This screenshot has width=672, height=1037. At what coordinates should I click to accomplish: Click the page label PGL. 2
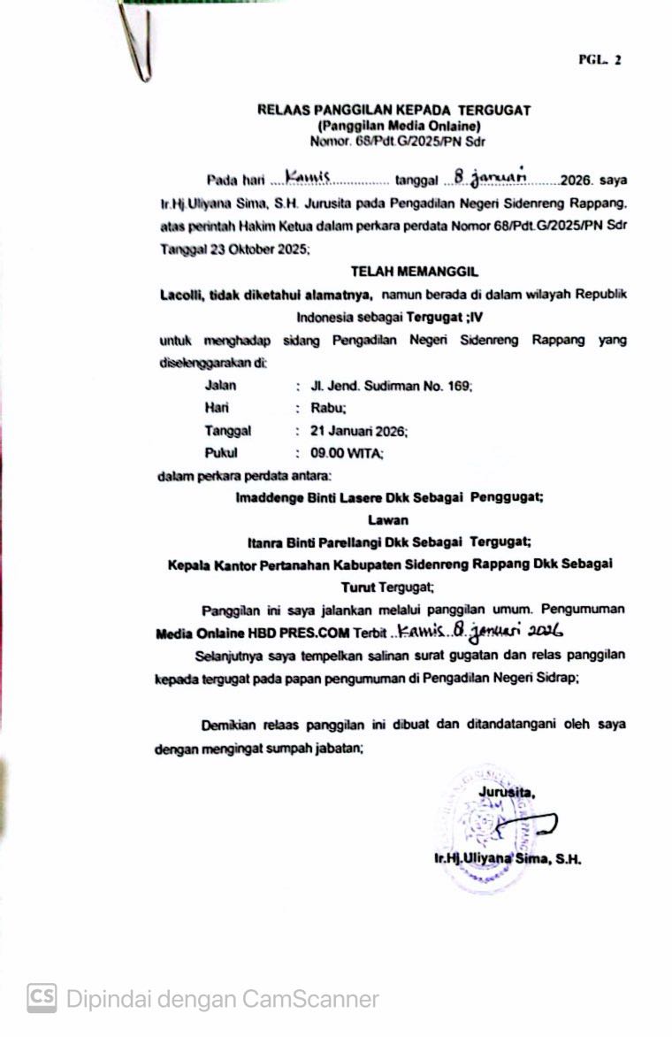[x=599, y=60]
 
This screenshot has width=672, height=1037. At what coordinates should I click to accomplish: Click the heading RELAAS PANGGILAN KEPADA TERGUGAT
[x=393, y=111]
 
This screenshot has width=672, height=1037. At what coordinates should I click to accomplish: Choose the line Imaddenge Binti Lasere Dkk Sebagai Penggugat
[x=389, y=497]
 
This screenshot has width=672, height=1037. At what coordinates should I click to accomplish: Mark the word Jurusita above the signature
[x=507, y=791]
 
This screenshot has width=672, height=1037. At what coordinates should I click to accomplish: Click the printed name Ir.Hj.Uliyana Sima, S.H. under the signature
[x=506, y=858]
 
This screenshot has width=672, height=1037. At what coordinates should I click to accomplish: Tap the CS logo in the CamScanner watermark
[x=42, y=999]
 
